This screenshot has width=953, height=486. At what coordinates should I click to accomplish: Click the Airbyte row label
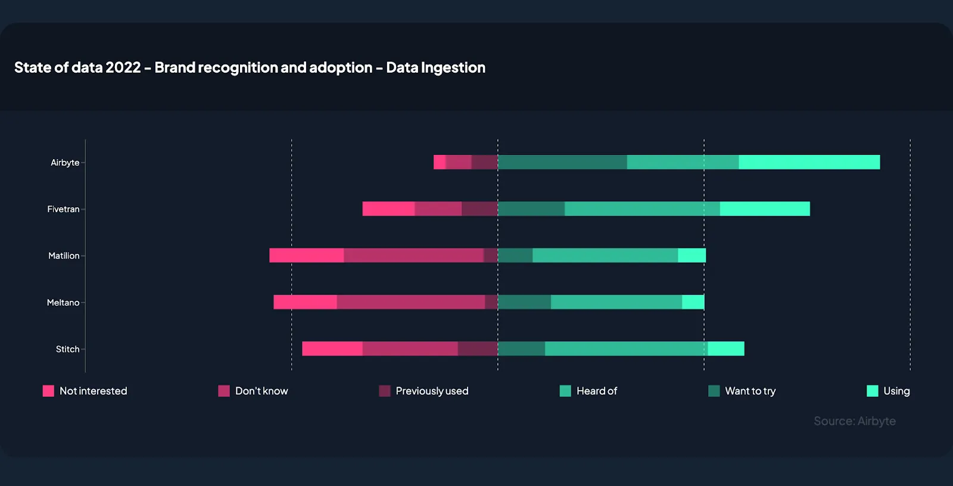[65, 163]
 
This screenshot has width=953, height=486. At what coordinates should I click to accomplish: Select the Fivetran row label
[63, 209]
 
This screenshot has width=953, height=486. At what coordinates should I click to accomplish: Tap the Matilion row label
[64, 256]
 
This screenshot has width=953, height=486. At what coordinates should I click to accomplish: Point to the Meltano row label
[63, 303]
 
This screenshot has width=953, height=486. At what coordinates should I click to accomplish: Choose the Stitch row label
[67, 349]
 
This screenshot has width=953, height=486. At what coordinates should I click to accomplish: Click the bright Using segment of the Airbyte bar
[809, 162]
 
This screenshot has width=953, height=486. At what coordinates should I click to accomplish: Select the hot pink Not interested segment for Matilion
[306, 256]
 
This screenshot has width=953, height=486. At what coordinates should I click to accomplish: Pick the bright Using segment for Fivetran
[764, 209]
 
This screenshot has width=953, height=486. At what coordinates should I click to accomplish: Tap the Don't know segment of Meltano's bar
[410, 302]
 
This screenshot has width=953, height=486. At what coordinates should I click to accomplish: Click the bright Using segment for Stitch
[725, 349]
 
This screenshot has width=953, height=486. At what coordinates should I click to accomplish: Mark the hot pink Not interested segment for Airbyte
[440, 162]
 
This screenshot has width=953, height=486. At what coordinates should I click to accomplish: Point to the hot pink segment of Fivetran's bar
[388, 209]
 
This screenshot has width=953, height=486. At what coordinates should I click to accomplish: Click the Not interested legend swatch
[48, 391]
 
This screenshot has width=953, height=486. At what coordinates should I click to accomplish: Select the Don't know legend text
[261, 391]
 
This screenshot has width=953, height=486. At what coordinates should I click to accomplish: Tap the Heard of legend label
[596, 391]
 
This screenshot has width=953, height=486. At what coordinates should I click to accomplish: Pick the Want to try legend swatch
[714, 391]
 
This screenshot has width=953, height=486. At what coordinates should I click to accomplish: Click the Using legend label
[896, 391]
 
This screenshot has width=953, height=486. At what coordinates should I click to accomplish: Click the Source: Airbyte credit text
[854, 421]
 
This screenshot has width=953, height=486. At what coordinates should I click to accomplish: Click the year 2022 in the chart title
[123, 67]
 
